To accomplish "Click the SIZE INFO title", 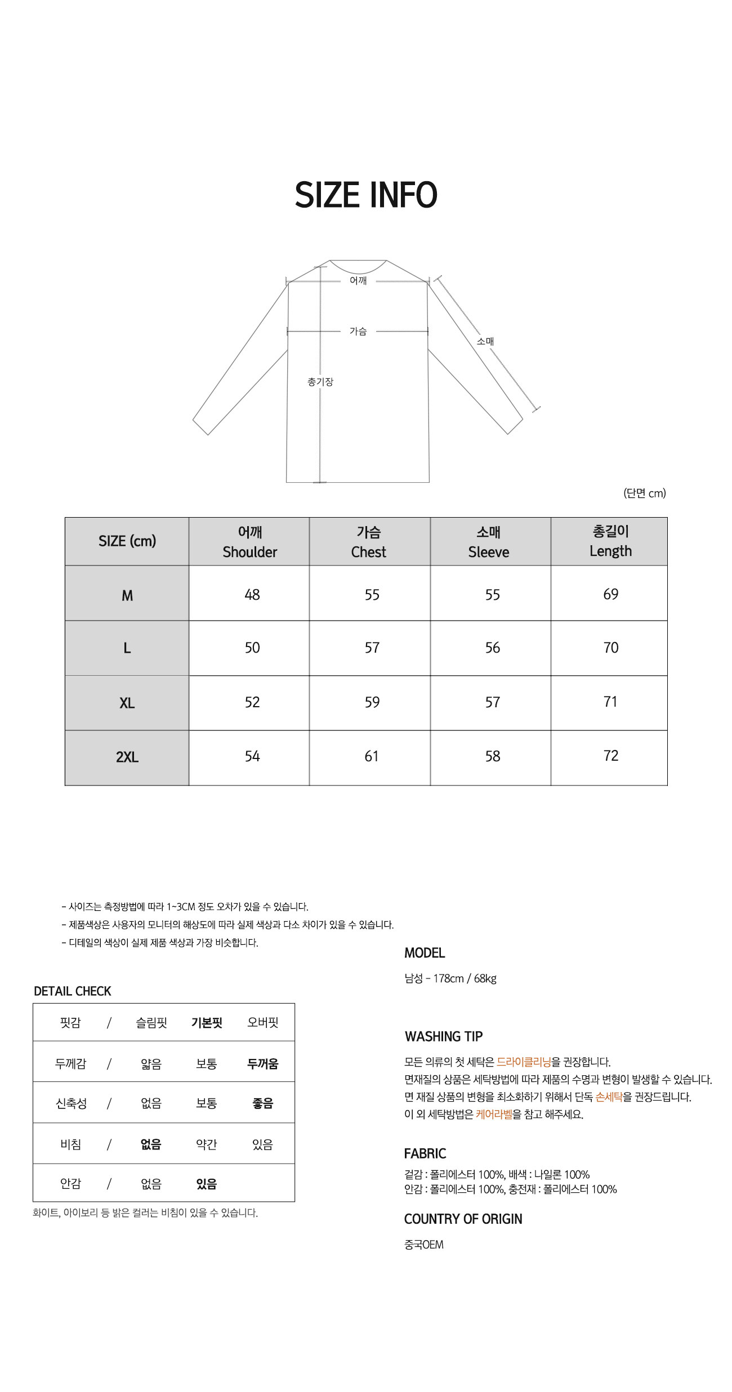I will click(366, 195).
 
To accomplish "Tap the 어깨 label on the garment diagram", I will click(358, 280).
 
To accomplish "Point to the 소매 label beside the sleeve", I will click(485, 341).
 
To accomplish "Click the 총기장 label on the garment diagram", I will click(320, 381).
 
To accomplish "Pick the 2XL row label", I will click(127, 757).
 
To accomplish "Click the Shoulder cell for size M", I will click(252, 595).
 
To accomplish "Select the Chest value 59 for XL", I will click(372, 702).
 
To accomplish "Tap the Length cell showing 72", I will click(610, 756).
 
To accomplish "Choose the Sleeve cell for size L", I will click(492, 648).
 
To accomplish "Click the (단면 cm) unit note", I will click(644, 493).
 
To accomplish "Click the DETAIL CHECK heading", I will click(73, 991).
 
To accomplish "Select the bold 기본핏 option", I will click(207, 1023).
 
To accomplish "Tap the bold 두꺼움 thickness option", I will click(262, 1064).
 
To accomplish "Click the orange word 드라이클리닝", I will click(524, 1062).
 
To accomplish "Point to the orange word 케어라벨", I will click(494, 1114).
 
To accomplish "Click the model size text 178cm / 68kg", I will click(465, 978).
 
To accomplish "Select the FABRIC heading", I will click(425, 1153).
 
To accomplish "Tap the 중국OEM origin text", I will click(424, 1245).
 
